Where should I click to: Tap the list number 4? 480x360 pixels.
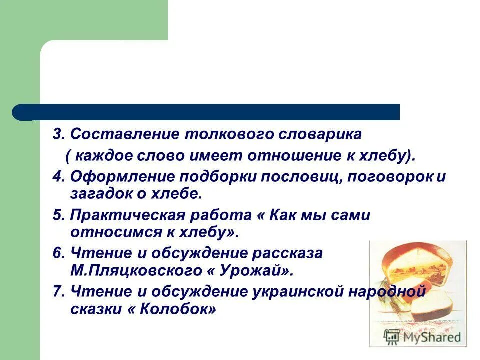(x=58, y=177)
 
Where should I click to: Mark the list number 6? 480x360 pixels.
(x=58, y=254)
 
